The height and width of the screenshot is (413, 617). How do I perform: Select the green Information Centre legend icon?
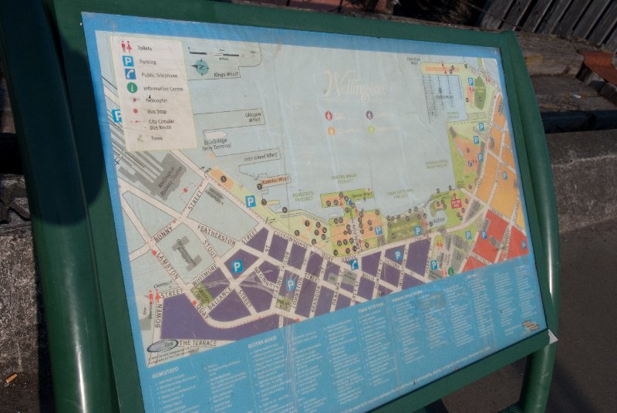point(132,88)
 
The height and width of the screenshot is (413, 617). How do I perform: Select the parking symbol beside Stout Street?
point(237,266)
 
